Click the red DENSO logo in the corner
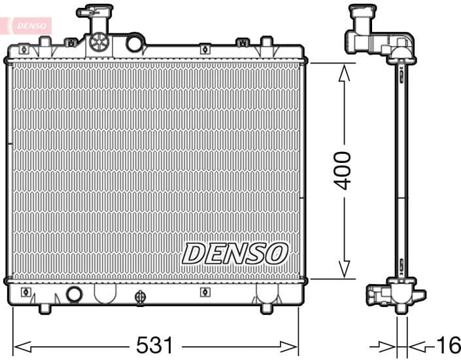point(26,24)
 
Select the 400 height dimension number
point(343,171)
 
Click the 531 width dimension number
point(155,344)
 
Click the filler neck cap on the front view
point(94,12)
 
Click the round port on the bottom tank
point(75,295)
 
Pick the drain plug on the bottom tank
point(140,298)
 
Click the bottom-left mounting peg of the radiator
point(44,307)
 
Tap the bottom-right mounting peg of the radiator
point(267,308)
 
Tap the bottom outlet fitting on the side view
point(380,295)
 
